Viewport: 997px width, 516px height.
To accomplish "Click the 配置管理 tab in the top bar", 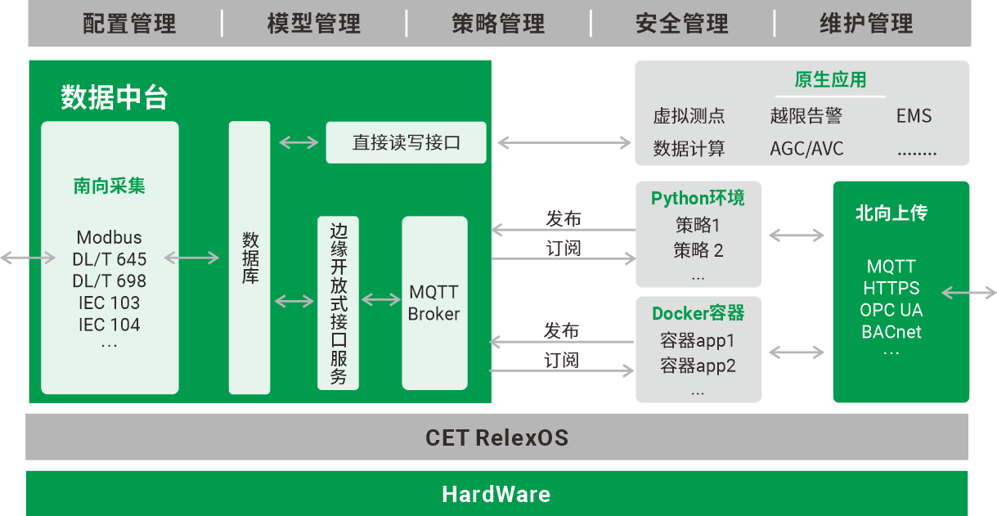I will click(129, 24).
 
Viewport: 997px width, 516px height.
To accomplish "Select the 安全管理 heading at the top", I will click(681, 24).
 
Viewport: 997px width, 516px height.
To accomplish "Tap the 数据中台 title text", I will click(115, 98).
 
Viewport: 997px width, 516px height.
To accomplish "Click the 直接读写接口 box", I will click(406, 142).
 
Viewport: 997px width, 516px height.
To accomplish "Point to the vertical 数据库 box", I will click(249, 258).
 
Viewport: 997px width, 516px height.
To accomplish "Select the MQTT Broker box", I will click(434, 303).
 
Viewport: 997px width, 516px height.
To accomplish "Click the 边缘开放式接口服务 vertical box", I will click(338, 303).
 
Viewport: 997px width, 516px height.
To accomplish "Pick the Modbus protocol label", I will click(109, 238).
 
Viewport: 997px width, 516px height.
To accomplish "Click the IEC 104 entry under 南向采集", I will click(109, 325).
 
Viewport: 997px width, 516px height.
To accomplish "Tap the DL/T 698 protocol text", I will click(109, 281).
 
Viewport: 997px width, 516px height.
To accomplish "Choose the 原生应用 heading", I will click(830, 80).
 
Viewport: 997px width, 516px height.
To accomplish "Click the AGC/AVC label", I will click(806, 149).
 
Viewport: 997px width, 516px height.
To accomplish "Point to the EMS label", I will click(914, 116).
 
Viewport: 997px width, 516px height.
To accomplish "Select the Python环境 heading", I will click(698, 198).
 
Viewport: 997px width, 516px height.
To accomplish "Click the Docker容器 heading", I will click(698, 313).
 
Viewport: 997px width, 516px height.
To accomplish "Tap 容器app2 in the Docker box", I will click(698, 366).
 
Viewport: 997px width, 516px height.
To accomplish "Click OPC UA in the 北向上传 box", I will click(891, 310).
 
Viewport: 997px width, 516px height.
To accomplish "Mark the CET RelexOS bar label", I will click(496, 437).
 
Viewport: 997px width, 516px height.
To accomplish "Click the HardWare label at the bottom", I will click(496, 494).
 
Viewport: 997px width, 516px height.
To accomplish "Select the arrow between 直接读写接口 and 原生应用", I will click(564, 142).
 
